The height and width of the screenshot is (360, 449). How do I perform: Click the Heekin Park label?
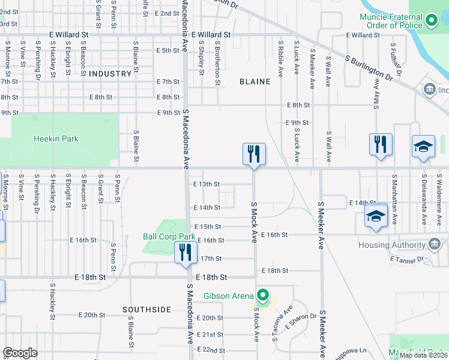pos(56,139)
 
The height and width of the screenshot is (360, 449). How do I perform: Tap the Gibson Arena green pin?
pos(262,295)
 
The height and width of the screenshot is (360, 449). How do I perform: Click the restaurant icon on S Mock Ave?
pos(254,154)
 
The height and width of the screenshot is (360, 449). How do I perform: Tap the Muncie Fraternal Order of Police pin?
pos(431,22)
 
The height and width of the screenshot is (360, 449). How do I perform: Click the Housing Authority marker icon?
pos(435,245)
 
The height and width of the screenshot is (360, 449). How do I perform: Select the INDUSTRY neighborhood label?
pos(110,74)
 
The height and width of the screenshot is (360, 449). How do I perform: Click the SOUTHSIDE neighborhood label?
pos(147,310)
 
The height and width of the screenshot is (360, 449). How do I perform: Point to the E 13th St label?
pos(206,184)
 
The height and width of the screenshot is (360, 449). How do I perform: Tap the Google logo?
pos(20,353)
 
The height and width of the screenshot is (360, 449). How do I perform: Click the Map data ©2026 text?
pos(423,355)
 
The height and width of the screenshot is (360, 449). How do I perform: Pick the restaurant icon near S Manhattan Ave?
pos(381,144)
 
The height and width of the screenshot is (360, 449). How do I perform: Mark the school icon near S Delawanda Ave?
pos(423,147)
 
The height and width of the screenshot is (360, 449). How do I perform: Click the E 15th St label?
pos(208,226)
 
